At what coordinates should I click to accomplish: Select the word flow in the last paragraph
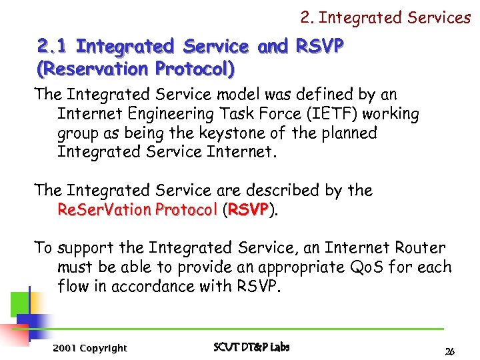pyautogui.click(x=73, y=287)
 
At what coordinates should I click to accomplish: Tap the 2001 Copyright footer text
pyautogui.click(x=89, y=347)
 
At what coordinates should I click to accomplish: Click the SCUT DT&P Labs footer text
pyautogui.click(x=251, y=347)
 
